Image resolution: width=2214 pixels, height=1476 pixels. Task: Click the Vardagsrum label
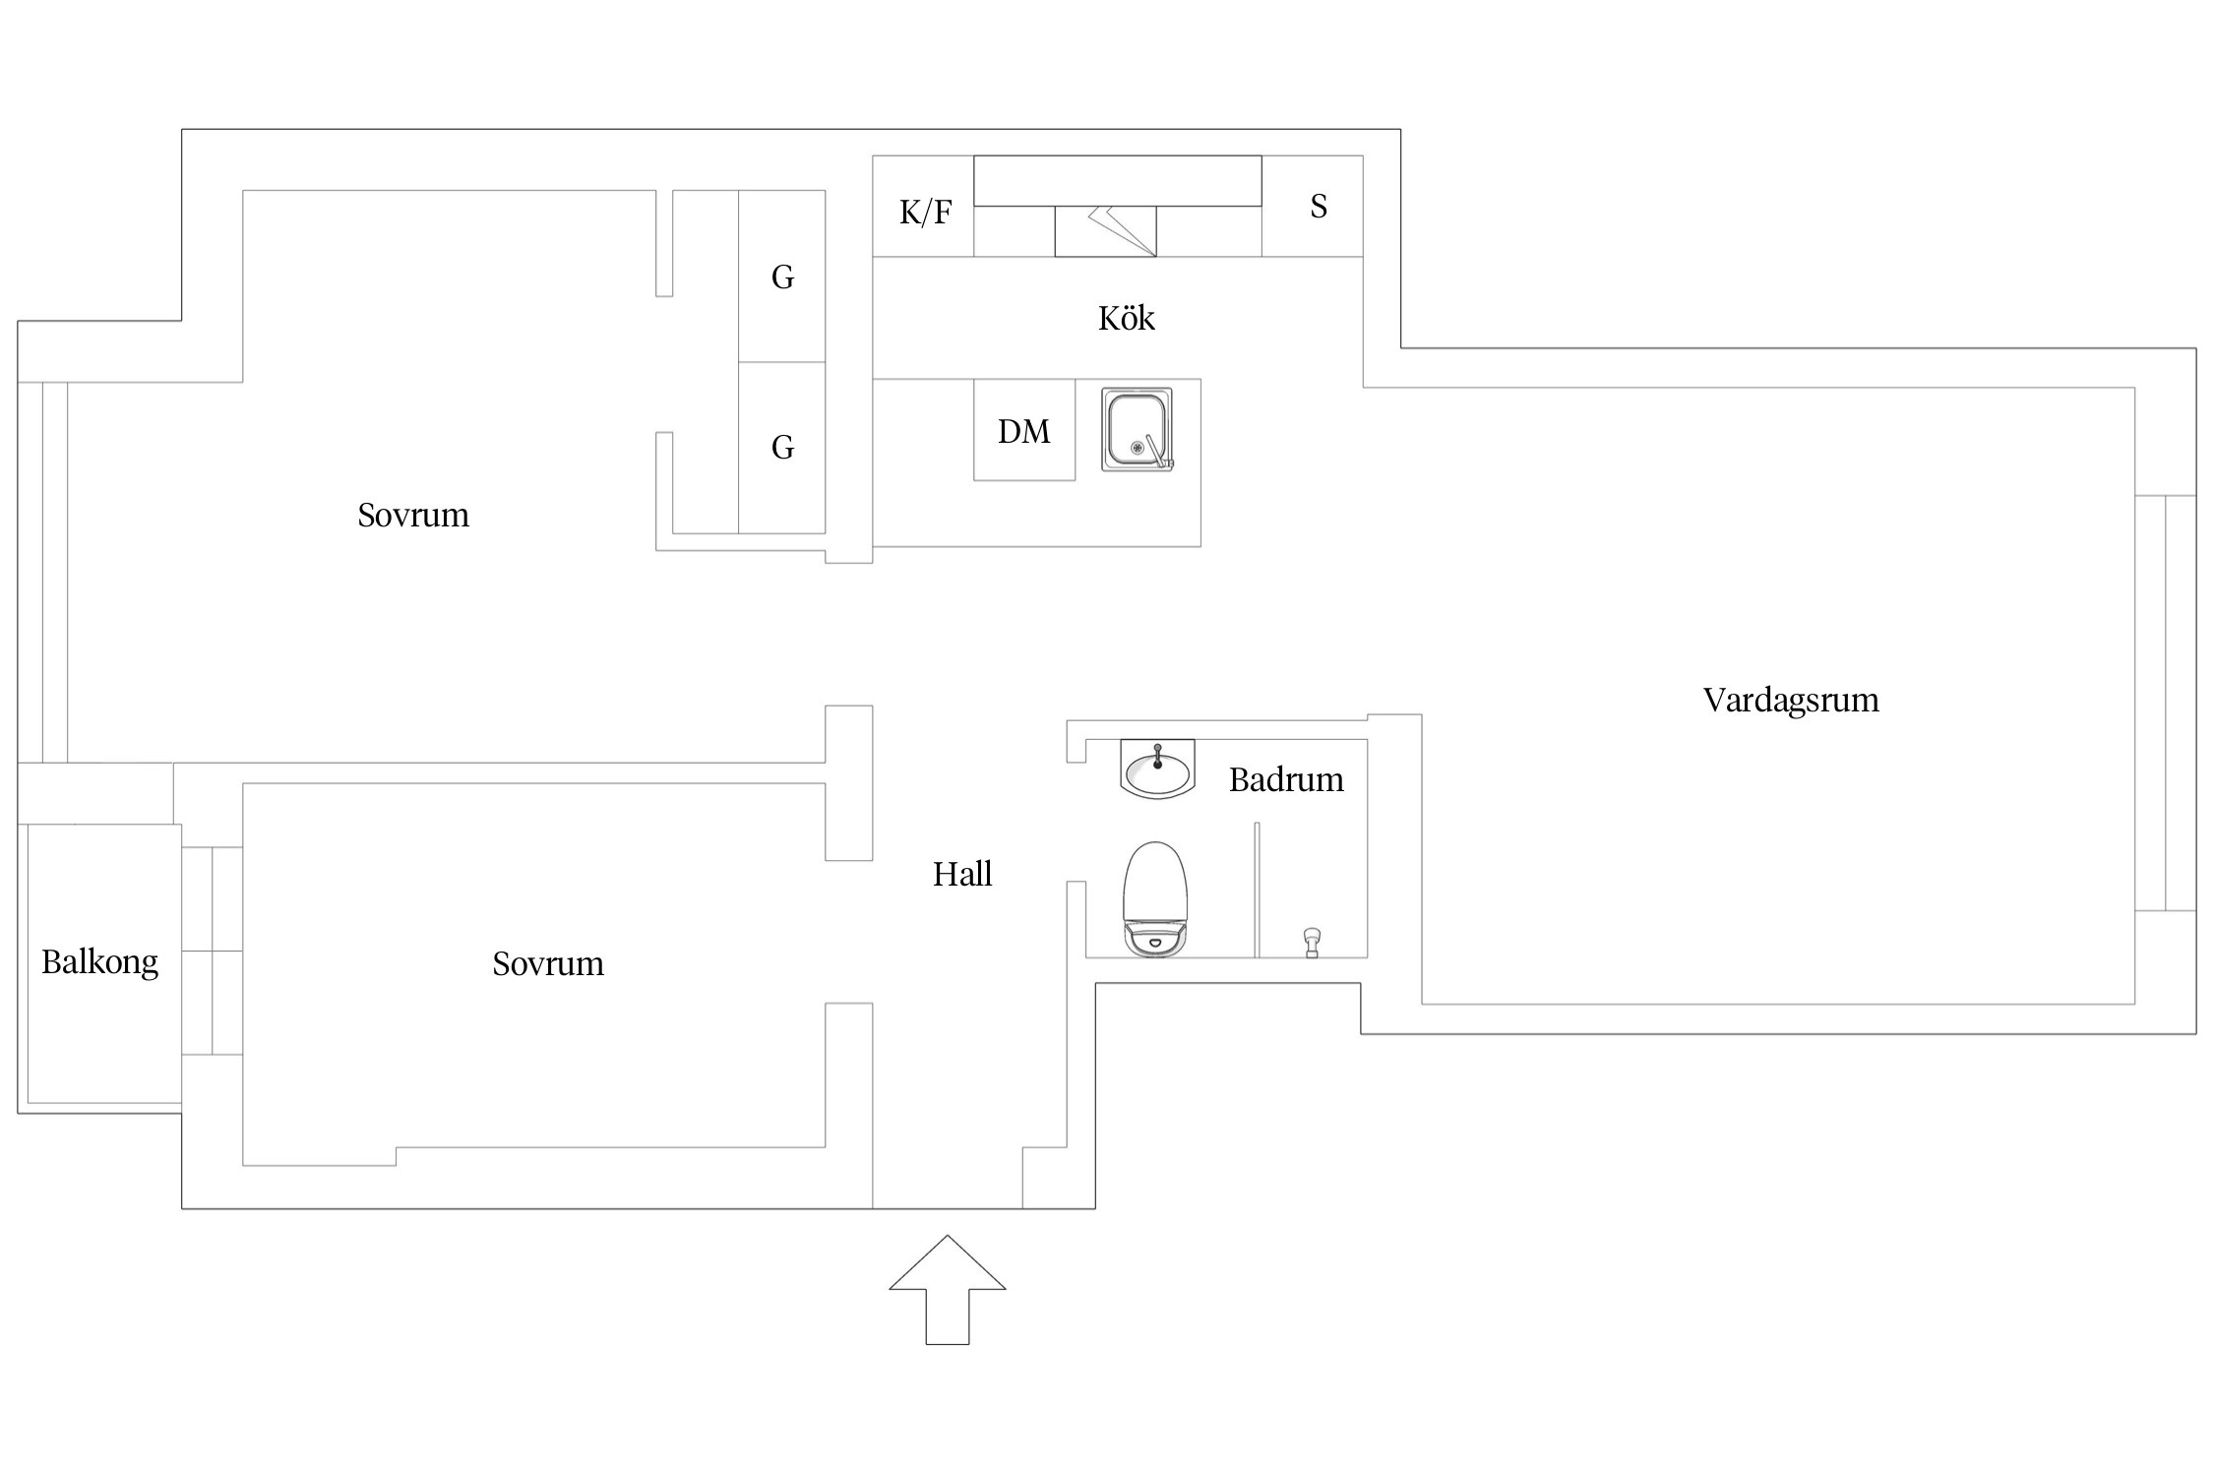pos(1791,700)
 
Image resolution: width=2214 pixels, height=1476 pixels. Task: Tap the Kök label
pos(1126,318)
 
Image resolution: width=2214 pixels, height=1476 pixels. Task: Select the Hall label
pos(961,874)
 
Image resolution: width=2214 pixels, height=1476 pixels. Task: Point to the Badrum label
pos(1285,779)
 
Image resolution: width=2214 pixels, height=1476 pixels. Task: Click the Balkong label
pos(99,961)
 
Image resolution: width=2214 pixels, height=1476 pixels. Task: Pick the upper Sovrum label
pos(413,515)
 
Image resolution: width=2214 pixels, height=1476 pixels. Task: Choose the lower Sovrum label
pos(548,963)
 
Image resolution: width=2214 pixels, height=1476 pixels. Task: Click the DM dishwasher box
pos(1023,431)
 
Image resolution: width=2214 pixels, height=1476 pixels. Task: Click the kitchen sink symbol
pos(1138,430)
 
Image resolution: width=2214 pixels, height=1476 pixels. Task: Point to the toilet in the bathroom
pos(1155,898)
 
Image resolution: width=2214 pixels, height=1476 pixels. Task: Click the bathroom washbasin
pos(1157,769)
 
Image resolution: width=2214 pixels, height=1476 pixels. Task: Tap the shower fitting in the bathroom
pos(1311,942)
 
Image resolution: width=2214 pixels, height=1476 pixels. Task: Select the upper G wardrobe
pos(782,277)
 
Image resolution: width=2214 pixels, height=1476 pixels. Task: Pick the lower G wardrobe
pos(782,448)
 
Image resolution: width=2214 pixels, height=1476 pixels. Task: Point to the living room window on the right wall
pos(2165,703)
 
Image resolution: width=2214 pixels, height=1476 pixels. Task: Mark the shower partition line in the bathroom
pos(1257,890)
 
